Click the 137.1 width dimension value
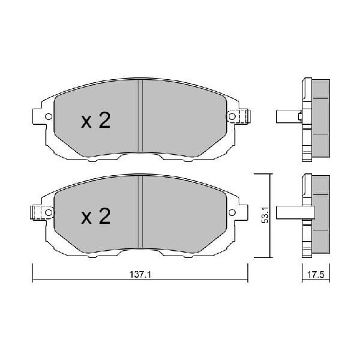(140, 274)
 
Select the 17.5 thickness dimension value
(316, 275)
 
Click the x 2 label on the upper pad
(96, 120)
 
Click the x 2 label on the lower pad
(96, 216)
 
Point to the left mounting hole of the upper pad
(49, 116)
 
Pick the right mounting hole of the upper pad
(232, 116)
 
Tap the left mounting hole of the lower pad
(49, 212)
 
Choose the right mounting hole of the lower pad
(232, 212)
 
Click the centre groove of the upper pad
(140, 115)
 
